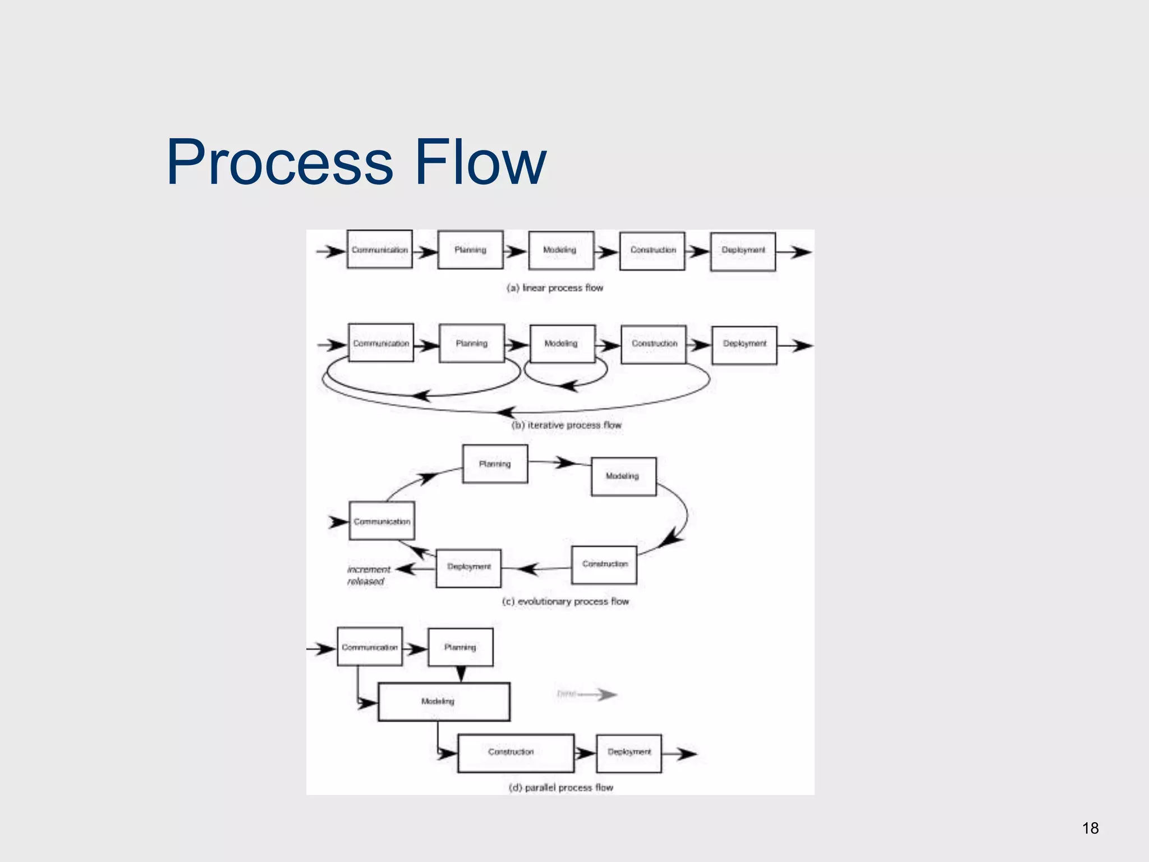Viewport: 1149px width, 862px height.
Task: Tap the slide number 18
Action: pos(1090,828)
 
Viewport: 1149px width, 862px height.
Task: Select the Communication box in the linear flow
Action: pos(380,250)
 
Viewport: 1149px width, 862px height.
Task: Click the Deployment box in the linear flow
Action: pos(743,251)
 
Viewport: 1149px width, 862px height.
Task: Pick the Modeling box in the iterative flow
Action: pos(562,343)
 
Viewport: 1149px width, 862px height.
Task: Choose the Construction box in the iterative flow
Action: pos(654,344)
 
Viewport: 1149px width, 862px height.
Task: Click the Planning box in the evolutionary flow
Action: pos(495,464)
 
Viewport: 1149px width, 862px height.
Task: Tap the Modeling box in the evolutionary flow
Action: pos(623,476)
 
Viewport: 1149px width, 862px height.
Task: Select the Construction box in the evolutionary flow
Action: pos(604,565)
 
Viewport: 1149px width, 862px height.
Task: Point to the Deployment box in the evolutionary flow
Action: pos(468,568)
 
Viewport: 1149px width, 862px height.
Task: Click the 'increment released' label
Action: pos(368,575)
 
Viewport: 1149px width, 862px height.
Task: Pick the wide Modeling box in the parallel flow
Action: pos(444,701)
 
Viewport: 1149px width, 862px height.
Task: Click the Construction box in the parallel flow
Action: pos(516,753)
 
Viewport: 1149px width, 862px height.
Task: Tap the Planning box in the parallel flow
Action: pos(461,647)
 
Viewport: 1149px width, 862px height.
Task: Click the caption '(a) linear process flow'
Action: pos(555,288)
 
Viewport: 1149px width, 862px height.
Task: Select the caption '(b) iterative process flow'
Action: pos(567,425)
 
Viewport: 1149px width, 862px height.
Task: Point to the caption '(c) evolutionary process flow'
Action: pos(566,602)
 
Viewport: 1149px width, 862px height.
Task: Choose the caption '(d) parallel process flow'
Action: pos(561,787)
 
